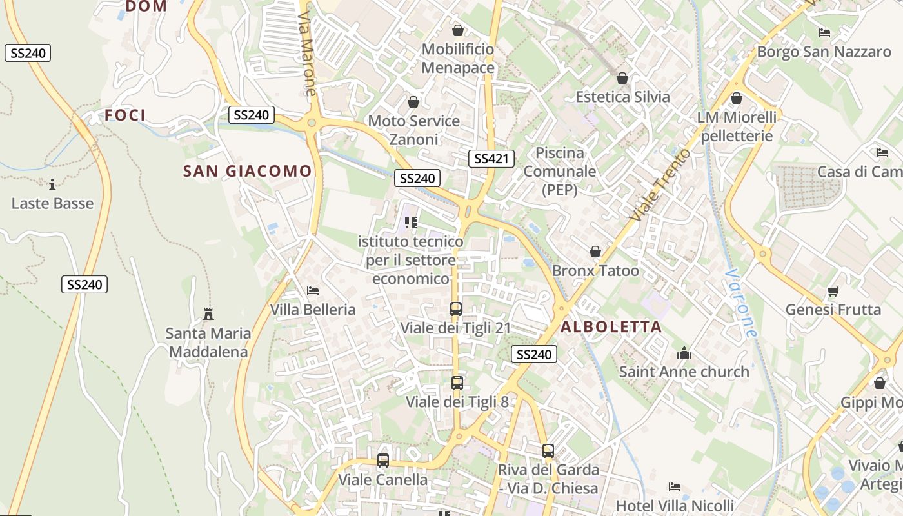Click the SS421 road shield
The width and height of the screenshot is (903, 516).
click(x=491, y=159)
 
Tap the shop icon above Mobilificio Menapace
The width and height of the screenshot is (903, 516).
click(x=457, y=30)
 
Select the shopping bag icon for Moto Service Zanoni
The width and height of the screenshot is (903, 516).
click(x=413, y=103)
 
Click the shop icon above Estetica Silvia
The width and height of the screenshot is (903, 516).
click(x=622, y=79)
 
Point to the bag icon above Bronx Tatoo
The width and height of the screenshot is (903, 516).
click(x=595, y=252)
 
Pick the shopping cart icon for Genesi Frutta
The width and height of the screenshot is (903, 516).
click(x=833, y=292)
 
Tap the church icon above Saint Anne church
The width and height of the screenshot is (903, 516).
click(x=684, y=353)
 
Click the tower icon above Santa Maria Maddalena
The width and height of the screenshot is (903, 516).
click(x=208, y=314)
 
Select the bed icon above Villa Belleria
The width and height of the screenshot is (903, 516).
click(x=313, y=291)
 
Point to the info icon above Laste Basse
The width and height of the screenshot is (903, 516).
click(x=52, y=184)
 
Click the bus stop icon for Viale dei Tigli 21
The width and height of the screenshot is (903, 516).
click(x=456, y=309)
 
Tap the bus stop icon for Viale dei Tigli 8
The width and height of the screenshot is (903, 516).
click(x=457, y=383)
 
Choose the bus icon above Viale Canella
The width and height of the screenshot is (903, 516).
click(x=383, y=461)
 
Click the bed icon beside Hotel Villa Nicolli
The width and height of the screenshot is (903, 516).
click(x=675, y=486)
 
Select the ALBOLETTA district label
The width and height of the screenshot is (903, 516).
click(x=611, y=327)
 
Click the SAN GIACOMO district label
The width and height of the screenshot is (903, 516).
click(x=248, y=172)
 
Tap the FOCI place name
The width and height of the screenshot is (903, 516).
click(x=125, y=116)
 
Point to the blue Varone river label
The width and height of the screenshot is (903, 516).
click(x=739, y=303)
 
